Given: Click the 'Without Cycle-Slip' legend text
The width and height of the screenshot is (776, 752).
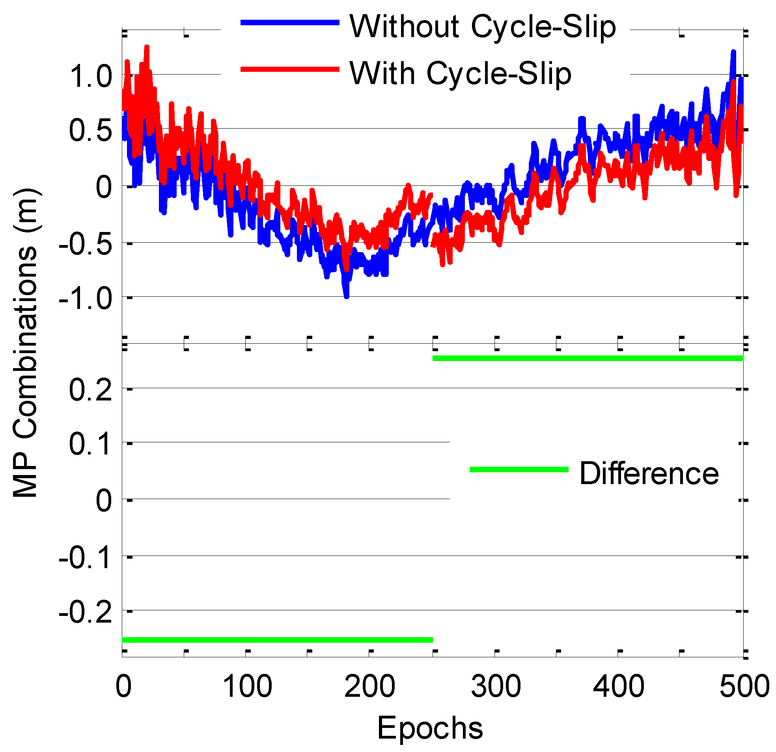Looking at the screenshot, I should point(483,26).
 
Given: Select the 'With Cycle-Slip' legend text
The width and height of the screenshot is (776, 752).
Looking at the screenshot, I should point(461,73).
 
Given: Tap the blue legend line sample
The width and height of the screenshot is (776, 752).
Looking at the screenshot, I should point(290,22).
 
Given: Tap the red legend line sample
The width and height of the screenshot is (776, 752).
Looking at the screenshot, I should point(290,69).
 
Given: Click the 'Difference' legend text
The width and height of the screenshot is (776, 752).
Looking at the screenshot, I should point(649,473).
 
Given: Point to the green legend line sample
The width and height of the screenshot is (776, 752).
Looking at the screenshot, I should point(519,470).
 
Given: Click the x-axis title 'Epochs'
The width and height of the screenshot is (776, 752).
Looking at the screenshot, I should point(430,728).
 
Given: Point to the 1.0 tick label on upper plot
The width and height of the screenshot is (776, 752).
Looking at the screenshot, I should point(91,76).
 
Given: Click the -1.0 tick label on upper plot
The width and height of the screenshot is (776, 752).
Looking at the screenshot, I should point(86,298).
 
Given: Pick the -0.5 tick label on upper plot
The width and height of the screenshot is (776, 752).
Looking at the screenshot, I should point(86,244).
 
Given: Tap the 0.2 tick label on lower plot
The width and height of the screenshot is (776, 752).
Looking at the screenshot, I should point(91,389).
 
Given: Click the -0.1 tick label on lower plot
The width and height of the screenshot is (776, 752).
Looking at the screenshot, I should point(86,558).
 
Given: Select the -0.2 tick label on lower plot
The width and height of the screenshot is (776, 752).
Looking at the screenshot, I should point(86,613).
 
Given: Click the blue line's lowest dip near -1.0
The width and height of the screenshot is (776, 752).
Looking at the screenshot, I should point(347,295).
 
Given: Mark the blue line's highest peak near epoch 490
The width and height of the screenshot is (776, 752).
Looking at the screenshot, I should point(733,53).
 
